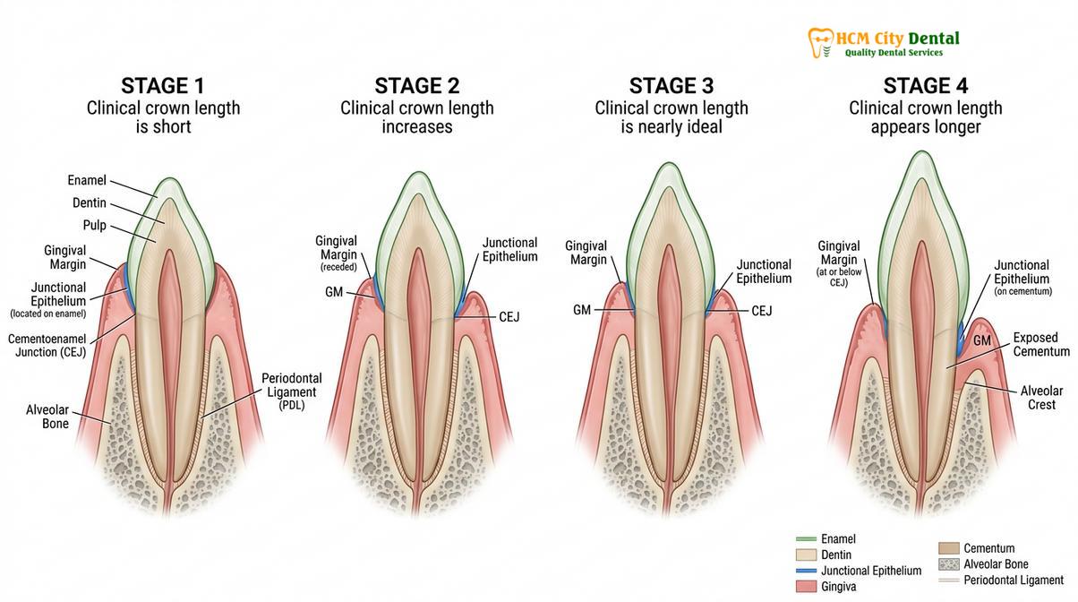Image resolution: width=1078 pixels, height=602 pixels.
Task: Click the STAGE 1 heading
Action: pyautogui.click(x=163, y=86)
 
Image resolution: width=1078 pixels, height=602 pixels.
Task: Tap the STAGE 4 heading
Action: pyautogui.click(x=926, y=86)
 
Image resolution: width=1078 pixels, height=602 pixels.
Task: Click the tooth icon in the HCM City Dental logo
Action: pyautogui.click(x=820, y=43)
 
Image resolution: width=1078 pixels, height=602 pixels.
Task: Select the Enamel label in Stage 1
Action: pyautogui.click(x=87, y=180)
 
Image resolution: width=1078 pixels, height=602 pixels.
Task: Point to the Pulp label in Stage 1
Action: pyautogui.click(x=94, y=226)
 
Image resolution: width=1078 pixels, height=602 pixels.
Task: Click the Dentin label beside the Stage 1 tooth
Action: pyautogui.click(x=89, y=202)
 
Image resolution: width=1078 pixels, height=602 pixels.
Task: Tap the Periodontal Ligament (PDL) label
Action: pyautogui.click(x=292, y=391)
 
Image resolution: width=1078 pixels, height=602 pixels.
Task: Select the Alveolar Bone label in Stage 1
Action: pyautogui.click(x=47, y=417)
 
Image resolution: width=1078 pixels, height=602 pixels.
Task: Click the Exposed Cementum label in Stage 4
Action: pyautogui.click(x=1041, y=344)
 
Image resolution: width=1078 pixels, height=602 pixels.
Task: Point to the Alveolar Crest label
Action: pyautogui.click(x=1042, y=398)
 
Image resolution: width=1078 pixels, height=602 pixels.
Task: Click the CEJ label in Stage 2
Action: pyautogui.click(x=509, y=317)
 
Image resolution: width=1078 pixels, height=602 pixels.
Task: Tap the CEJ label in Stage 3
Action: pyautogui.click(x=762, y=311)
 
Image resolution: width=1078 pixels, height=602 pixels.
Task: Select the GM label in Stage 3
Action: pyautogui.click(x=582, y=310)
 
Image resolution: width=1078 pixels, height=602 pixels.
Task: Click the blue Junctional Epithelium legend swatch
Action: pyautogui.click(x=806, y=571)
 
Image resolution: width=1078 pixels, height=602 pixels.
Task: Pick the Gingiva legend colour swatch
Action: pyautogui.click(x=806, y=587)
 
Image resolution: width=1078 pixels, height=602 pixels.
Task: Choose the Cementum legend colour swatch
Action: pyautogui.click(x=948, y=548)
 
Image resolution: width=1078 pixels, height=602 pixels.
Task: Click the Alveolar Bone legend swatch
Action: pyautogui.click(x=948, y=564)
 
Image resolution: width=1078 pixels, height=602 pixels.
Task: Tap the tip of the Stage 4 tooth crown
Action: pyautogui.click(x=922, y=151)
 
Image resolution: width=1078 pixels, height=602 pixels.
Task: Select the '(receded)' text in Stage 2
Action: pyautogui.click(x=338, y=267)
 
